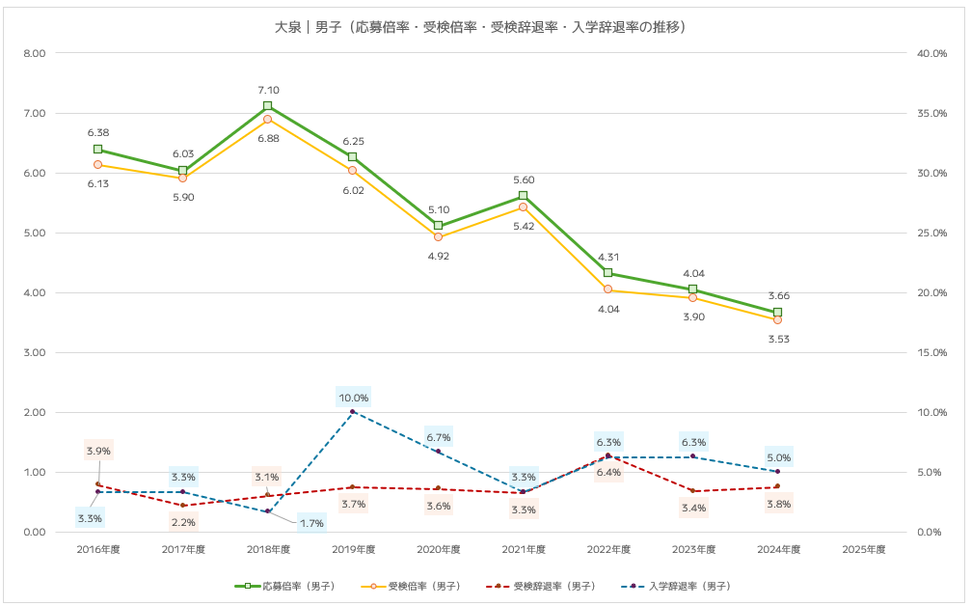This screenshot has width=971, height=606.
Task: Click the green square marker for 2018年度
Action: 268,106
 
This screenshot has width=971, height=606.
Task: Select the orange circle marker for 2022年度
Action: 607,289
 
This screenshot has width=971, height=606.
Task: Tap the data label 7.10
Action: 268,91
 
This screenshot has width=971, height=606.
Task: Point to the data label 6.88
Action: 268,139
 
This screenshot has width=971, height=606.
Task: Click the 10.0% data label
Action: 353,398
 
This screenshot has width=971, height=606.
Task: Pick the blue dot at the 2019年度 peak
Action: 353,412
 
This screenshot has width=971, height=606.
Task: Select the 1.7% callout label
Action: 311,523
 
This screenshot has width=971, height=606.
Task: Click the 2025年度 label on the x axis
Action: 863,550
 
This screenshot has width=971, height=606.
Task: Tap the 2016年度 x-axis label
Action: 98,550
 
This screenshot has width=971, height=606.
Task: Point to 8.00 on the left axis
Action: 35,53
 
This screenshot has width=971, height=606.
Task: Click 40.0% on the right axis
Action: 931,53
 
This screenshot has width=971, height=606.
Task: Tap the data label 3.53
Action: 778,340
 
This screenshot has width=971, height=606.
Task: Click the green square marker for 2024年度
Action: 778,313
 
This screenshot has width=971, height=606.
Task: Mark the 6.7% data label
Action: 439,437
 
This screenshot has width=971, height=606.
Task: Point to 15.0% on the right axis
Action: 931,352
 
